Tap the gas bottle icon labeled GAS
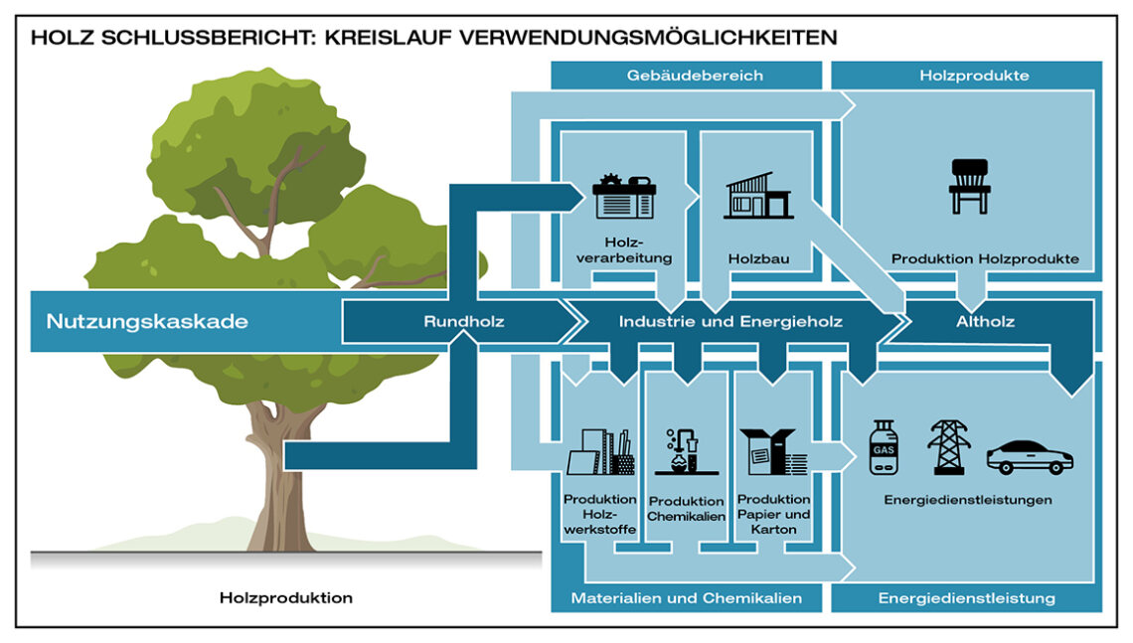coord(883,447)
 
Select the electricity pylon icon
coord(948,447)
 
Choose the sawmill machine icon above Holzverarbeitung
coord(623,196)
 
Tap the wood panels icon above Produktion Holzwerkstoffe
coord(600,453)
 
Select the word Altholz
coord(984,322)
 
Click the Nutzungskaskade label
coord(147,322)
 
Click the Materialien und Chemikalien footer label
coord(687,598)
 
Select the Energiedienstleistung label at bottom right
coord(967,598)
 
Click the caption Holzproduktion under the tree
coord(286,598)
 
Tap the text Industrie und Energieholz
coord(730,322)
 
